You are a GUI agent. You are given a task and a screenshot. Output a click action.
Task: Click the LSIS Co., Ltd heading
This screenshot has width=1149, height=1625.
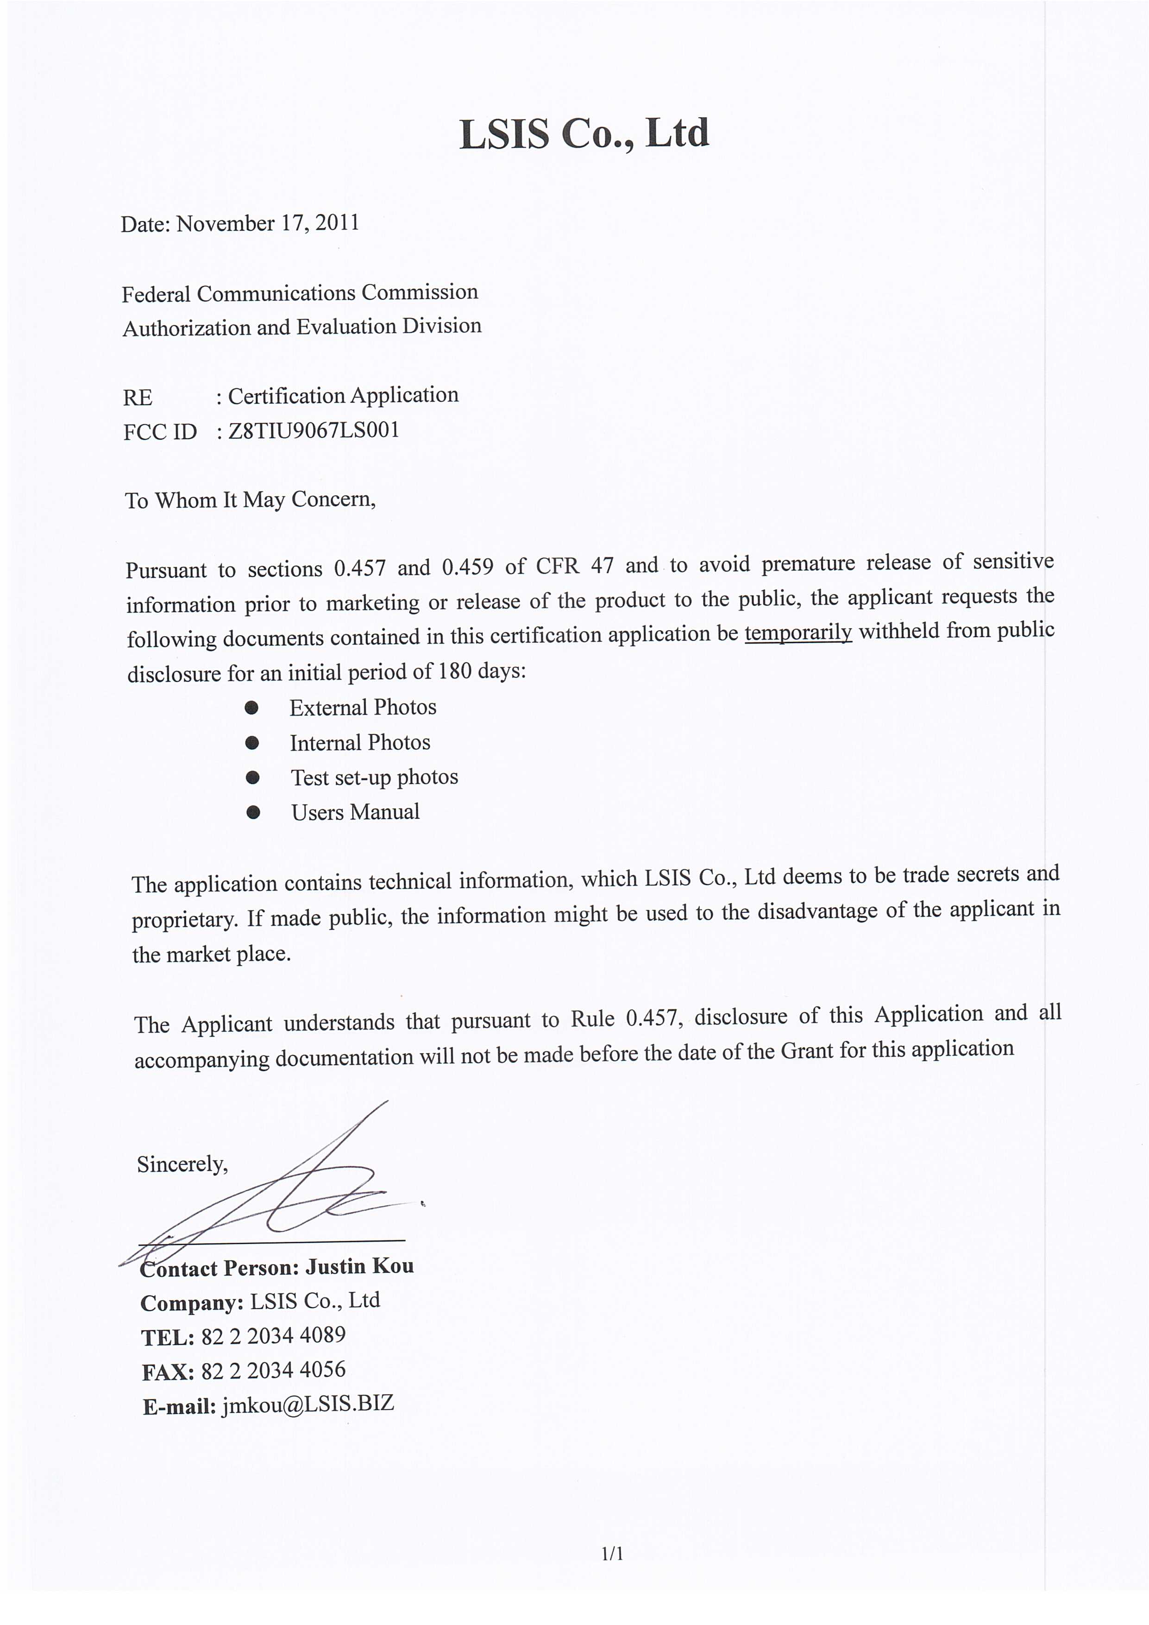click(584, 134)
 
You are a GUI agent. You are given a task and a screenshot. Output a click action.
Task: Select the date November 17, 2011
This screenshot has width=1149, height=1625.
click(267, 224)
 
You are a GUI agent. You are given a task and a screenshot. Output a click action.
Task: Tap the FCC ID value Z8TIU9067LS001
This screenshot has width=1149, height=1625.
click(314, 430)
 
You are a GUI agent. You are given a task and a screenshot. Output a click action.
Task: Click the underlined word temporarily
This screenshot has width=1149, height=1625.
click(797, 632)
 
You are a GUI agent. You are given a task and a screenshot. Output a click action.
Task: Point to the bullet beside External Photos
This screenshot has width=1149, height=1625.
click(251, 708)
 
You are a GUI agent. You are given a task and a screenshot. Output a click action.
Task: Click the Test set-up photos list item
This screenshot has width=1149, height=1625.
click(374, 777)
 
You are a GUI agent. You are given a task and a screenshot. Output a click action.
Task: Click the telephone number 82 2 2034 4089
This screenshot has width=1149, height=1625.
click(273, 1335)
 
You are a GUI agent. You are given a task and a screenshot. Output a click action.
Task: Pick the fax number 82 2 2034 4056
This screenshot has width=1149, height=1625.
click(273, 1370)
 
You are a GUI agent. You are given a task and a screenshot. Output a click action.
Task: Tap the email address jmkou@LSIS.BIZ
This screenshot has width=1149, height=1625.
click(307, 1404)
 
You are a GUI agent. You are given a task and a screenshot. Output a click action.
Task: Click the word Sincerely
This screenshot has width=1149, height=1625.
click(182, 1164)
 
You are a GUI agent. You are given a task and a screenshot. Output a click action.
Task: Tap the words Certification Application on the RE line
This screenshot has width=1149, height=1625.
click(343, 396)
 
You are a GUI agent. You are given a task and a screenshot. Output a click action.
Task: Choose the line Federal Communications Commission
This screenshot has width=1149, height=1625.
click(299, 293)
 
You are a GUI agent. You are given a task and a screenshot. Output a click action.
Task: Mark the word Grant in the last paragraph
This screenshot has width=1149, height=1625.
click(807, 1051)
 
